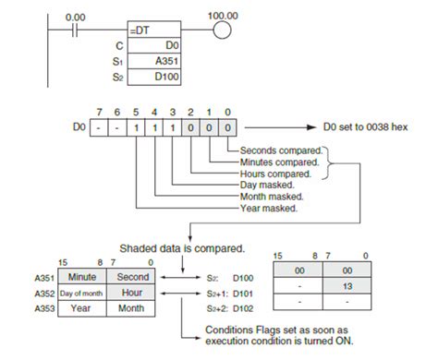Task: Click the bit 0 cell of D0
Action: point(227,125)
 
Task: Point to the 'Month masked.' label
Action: point(274,197)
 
